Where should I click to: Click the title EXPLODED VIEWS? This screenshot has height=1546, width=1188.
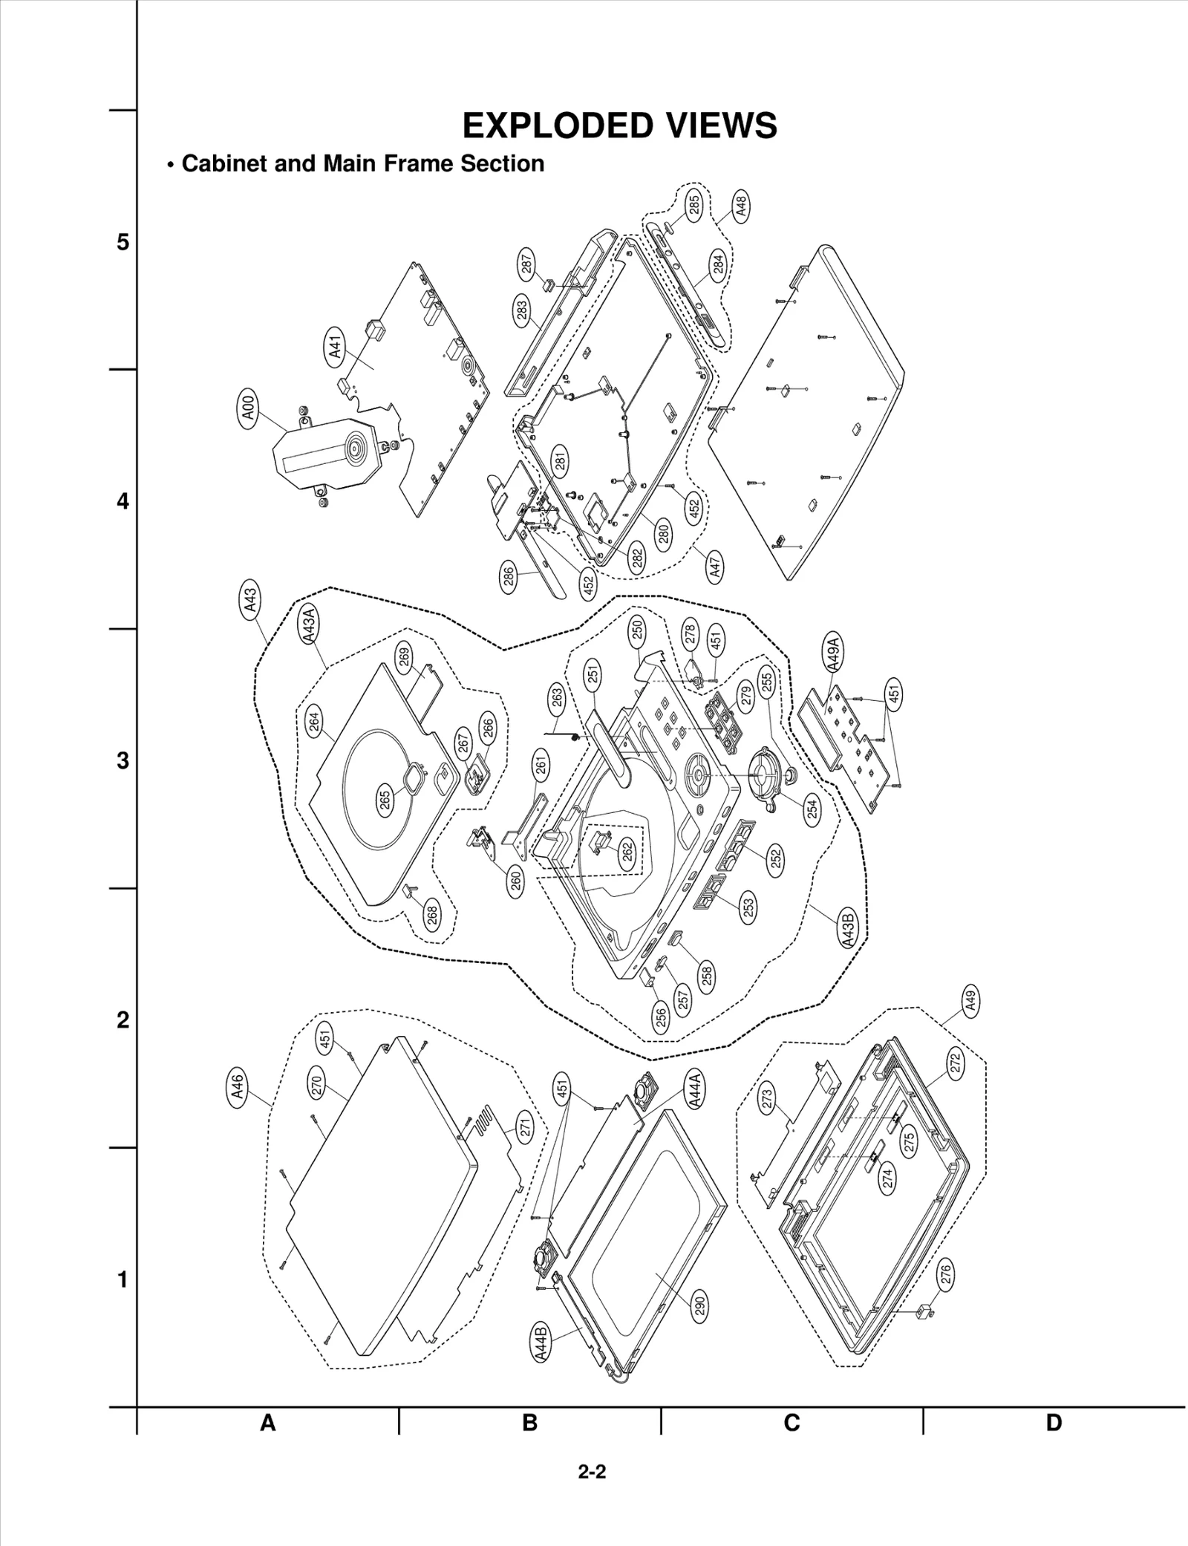coord(619,125)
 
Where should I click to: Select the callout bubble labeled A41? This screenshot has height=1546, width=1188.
coord(336,347)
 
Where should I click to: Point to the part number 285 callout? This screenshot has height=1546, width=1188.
coord(693,204)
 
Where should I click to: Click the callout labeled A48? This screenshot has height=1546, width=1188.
coord(740,206)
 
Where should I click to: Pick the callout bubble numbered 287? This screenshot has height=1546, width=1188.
coord(526,265)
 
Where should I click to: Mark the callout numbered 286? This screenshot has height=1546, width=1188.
coord(509,578)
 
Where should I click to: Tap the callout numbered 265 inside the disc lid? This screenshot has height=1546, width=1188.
coord(385,800)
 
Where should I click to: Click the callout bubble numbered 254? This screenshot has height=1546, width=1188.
coord(812,807)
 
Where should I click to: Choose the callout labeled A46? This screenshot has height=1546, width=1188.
coord(237,1089)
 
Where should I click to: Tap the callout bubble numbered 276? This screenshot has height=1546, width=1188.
coord(946,1275)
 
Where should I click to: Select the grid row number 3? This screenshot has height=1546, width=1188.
coord(123,761)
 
